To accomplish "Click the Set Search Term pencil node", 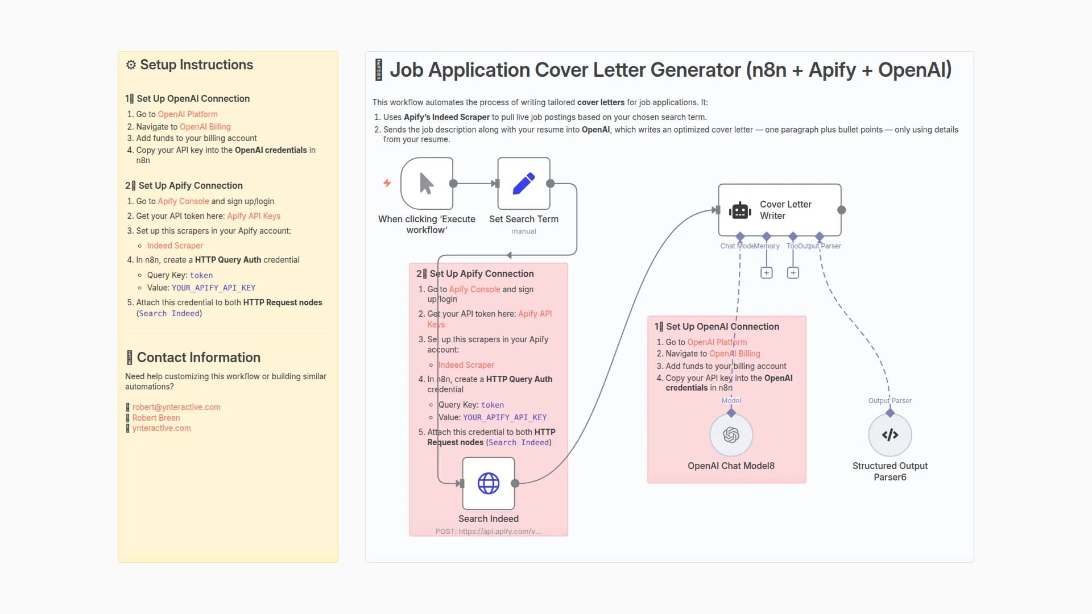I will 523,184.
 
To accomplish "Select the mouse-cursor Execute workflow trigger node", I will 427,184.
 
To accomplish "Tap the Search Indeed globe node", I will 489,483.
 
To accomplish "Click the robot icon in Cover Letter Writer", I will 740,210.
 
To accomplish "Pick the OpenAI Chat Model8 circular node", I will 731,435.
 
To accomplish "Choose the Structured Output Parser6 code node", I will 890,435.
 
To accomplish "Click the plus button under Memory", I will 766,273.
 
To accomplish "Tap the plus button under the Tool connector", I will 793,273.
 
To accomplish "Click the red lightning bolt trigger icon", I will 387,183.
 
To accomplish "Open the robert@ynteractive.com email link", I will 176,407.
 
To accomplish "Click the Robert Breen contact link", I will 156,418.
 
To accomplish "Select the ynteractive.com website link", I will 162,428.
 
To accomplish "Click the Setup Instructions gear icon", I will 131,65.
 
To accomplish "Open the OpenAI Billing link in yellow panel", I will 205,127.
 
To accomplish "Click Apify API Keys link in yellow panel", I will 254,216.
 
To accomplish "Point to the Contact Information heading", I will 198,357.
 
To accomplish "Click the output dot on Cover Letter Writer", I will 841,210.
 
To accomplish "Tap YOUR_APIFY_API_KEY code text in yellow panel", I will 213,288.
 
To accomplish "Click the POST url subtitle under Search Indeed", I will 488,531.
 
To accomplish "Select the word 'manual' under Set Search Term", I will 523,231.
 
